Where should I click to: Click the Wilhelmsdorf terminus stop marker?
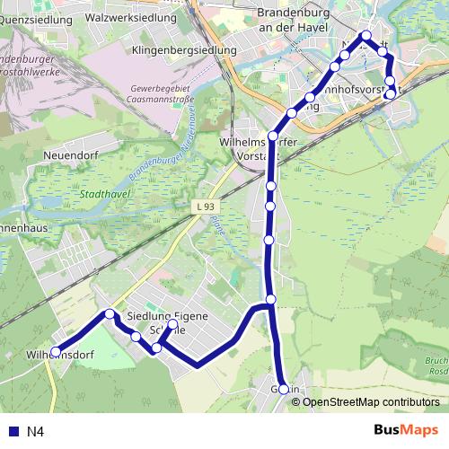click(56, 352)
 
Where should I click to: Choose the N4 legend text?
click(35, 432)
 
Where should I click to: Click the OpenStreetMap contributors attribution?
click(371, 401)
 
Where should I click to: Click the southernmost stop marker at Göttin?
click(284, 389)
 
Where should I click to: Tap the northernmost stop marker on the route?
click(365, 36)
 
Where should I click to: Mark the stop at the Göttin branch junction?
click(270, 299)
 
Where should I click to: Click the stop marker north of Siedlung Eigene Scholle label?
click(172, 325)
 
